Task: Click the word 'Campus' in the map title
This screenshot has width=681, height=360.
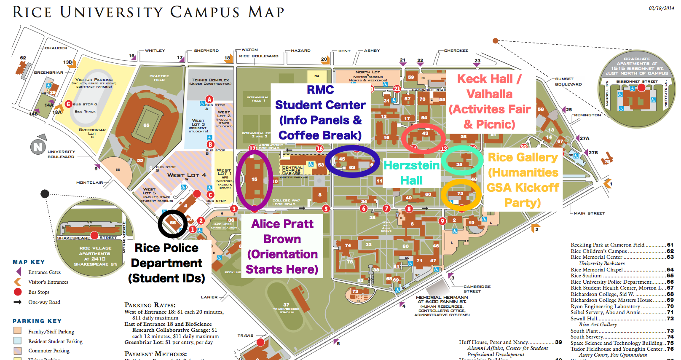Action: tap(205, 12)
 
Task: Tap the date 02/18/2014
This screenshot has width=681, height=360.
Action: tap(661, 8)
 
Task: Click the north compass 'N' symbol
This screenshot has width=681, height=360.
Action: tap(38, 147)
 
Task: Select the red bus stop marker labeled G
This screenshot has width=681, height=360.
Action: tap(68, 104)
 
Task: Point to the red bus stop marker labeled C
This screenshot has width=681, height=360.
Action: tap(210, 195)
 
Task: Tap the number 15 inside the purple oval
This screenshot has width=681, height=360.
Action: tap(254, 179)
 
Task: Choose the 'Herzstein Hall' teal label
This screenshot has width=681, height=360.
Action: tap(411, 173)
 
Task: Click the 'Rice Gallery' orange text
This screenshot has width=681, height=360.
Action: tap(522, 157)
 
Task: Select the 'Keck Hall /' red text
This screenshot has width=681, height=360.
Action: tap(489, 79)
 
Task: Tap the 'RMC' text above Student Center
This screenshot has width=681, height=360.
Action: tap(320, 90)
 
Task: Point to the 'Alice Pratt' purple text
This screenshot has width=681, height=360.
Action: tap(282, 224)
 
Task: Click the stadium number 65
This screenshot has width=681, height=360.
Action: tap(146, 125)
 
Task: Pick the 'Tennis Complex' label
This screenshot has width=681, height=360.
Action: tap(210, 80)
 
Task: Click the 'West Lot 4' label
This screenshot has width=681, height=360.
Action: tap(187, 175)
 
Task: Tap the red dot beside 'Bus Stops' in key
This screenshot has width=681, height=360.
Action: tap(18, 292)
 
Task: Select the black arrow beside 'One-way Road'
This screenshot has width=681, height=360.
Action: tap(18, 302)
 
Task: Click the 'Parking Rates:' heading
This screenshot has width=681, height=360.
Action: tap(150, 305)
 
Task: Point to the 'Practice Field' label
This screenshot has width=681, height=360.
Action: tap(159, 78)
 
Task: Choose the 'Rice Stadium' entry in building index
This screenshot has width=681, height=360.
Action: tap(586, 276)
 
